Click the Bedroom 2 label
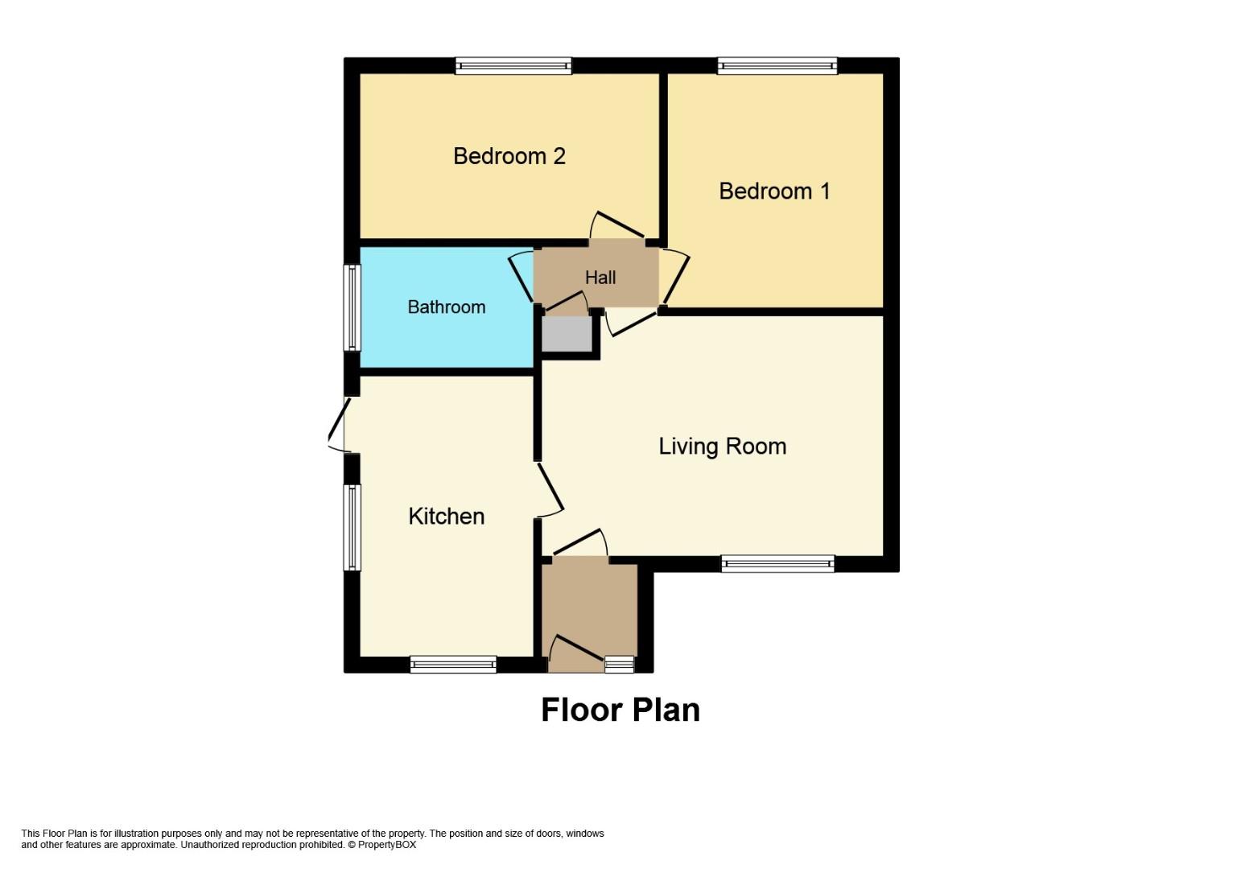coord(509,156)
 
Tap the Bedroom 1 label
coord(774,191)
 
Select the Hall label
coord(600,278)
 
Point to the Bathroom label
coord(447,307)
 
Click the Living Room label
coord(723,447)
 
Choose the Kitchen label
coord(447,517)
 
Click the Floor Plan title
coord(620,710)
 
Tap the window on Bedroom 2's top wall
coord(513,66)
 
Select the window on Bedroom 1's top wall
coord(777,66)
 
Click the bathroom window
coord(353,308)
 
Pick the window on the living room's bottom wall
coord(778,564)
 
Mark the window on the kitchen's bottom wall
coord(453,664)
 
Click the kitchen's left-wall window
coord(353,528)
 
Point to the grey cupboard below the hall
coord(567,334)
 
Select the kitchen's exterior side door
coord(339,425)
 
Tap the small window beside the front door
coord(619,665)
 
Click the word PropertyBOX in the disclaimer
coord(386,845)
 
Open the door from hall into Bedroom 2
coord(617,227)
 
